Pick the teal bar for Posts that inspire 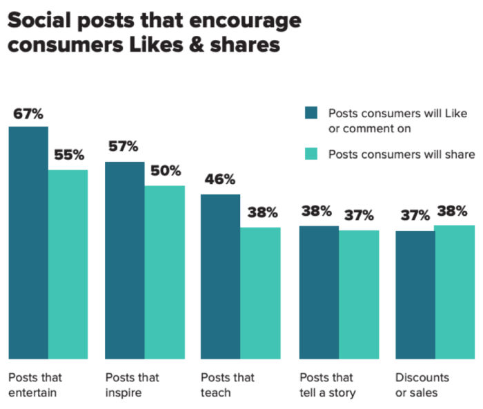point(164,272)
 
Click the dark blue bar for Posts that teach point(220,277)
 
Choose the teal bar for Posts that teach point(260,293)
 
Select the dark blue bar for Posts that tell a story point(319,292)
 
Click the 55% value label point(69,156)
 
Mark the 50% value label point(166,170)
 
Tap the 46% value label point(221,180)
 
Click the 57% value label point(124,147)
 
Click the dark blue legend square point(310,112)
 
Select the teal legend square point(310,154)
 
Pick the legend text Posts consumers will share point(401,154)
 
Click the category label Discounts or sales point(422,385)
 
